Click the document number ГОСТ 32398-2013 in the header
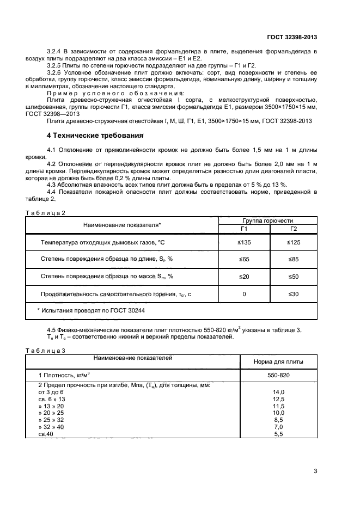point(292,37)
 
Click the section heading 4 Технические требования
point(95,135)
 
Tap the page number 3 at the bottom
point(315,471)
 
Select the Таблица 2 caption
point(45,213)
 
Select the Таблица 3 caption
point(45,351)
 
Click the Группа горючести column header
point(267,220)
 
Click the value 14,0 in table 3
point(278,392)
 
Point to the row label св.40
point(46,434)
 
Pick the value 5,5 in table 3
point(278,434)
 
